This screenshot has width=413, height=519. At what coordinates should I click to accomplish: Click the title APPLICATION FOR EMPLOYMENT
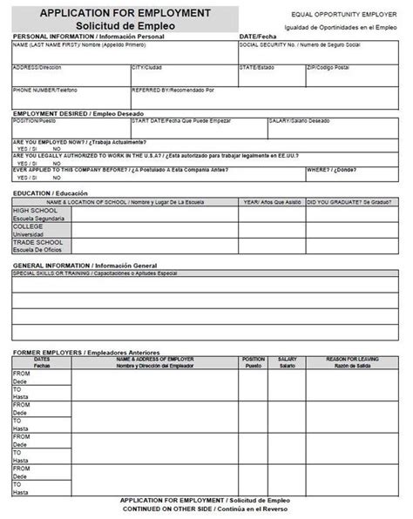(x=125, y=13)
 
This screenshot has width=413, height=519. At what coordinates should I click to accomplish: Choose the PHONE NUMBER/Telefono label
(x=44, y=90)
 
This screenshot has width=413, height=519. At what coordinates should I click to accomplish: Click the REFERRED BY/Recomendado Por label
(x=173, y=90)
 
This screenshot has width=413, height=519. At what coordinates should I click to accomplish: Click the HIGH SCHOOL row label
(x=34, y=210)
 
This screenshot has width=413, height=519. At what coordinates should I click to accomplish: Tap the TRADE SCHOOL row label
(x=36, y=243)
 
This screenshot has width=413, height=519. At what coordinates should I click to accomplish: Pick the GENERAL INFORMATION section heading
(x=85, y=265)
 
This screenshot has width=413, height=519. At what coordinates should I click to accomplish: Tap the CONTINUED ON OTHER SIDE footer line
(x=206, y=508)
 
